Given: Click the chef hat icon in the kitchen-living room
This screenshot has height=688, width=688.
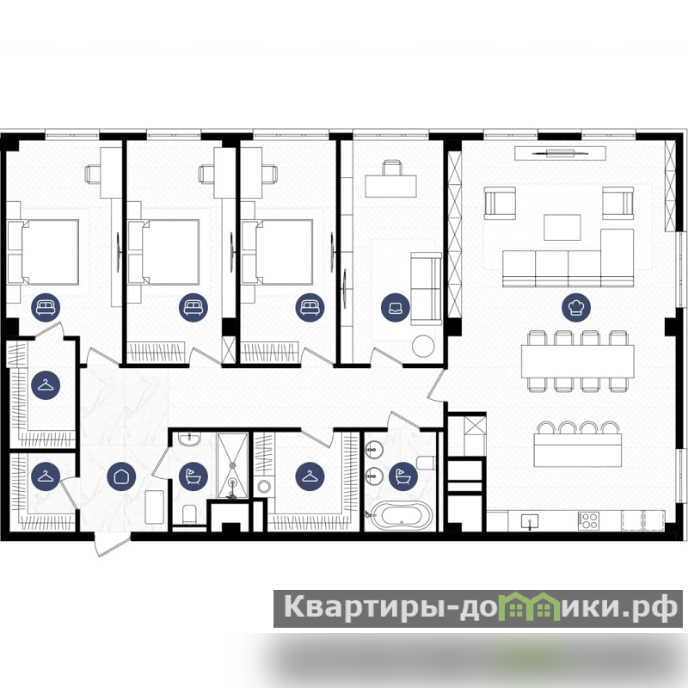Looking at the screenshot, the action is pos(576,307).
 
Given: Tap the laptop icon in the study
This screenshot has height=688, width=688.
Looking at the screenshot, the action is pos(396,307).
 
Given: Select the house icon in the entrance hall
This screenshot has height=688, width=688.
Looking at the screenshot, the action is pos(121,476).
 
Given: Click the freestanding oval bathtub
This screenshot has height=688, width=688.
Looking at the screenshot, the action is pos(402,515).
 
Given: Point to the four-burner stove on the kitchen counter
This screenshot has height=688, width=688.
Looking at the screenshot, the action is pos(588,521).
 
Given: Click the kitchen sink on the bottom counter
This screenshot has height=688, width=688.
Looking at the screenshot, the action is pos(530,521).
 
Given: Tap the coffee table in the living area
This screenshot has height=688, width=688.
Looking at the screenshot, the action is pos(562,227).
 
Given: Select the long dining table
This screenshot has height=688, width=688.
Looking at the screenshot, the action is pos(577,361).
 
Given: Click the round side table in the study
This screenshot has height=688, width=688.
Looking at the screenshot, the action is pos(423,346).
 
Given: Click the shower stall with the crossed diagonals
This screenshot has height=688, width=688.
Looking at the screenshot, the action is pos(232,465).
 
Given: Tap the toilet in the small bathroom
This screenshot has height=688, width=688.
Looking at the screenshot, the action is pos(189,513).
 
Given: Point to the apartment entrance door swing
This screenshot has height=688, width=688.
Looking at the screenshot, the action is pos(112,544).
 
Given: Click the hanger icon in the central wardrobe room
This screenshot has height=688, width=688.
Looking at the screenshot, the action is pos(310,476).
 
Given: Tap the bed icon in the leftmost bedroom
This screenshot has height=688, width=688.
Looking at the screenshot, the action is pos(46,307).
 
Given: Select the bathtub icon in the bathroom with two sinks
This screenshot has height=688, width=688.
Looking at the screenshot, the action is pos(403,476).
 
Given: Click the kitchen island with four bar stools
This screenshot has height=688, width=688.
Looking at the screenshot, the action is pos(578,449).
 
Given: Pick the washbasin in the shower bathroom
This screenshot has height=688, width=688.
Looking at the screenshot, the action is pos(189,438).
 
